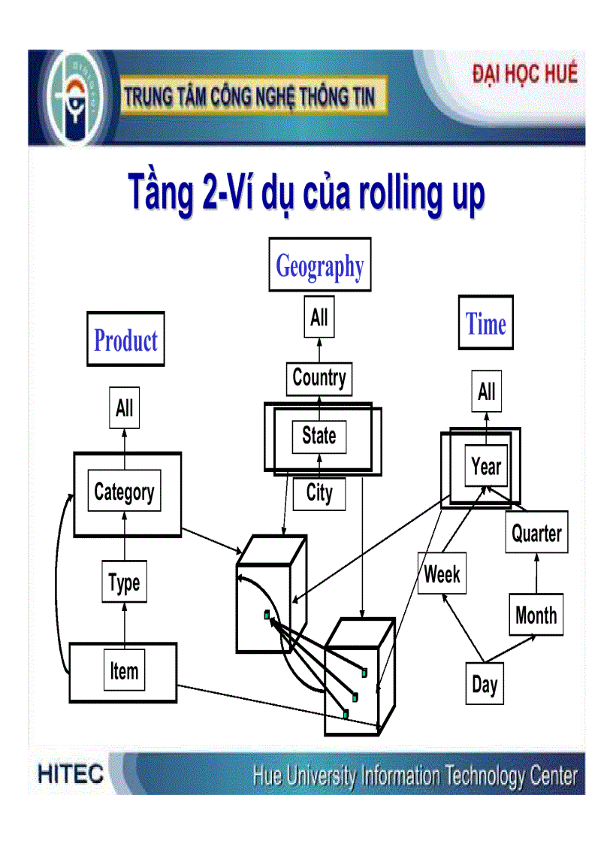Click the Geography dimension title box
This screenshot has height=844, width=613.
tap(320, 265)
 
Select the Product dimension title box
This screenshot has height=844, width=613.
tap(125, 340)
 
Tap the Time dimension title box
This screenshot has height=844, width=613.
tap(486, 323)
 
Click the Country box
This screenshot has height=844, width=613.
tap(319, 378)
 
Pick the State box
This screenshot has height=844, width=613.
tap(319, 436)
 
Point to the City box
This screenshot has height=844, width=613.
tap(319, 493)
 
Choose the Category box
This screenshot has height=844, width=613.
tap(125, 492)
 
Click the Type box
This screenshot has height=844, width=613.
tap(124, 582)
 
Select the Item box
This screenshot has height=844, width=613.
tap(124, 670)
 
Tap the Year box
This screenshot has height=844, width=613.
tap(486, 467)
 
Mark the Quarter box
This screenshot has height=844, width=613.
tap(536, 533)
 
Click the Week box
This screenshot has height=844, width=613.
tap(442, 574)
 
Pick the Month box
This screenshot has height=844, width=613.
tap(536, 616)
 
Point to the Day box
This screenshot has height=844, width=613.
tap(485, 684)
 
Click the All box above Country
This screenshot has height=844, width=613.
tap(319, 317)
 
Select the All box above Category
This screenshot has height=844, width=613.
tap(125, 408)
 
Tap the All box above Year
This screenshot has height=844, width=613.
tap(487, 392)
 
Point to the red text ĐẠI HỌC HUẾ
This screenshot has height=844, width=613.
tap(525, 74)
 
